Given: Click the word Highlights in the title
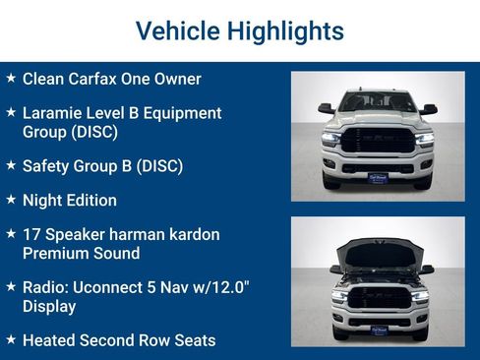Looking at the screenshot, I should [x=284, y=31].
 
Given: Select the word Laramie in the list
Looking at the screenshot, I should [x=54, y=113].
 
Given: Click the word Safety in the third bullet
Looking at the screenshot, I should [x=46, y=165].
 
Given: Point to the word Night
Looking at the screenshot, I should [x=42, y=201].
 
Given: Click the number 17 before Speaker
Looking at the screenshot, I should [x=32, y=235].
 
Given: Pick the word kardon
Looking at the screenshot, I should [x=192, y=235].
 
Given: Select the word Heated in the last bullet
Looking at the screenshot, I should [x=50, y=341].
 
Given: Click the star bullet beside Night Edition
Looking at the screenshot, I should [x=11, y=200].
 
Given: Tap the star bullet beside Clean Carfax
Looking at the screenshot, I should [x=11, y=78].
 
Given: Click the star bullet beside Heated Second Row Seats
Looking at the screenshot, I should [x=11, y=340].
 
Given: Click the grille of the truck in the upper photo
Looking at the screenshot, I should [x=378, y=141].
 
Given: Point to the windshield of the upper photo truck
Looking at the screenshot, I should [x=378, y=102].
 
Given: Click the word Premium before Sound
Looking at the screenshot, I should [x=55, y=254].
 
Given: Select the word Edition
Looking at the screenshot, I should [x=90, y=201].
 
